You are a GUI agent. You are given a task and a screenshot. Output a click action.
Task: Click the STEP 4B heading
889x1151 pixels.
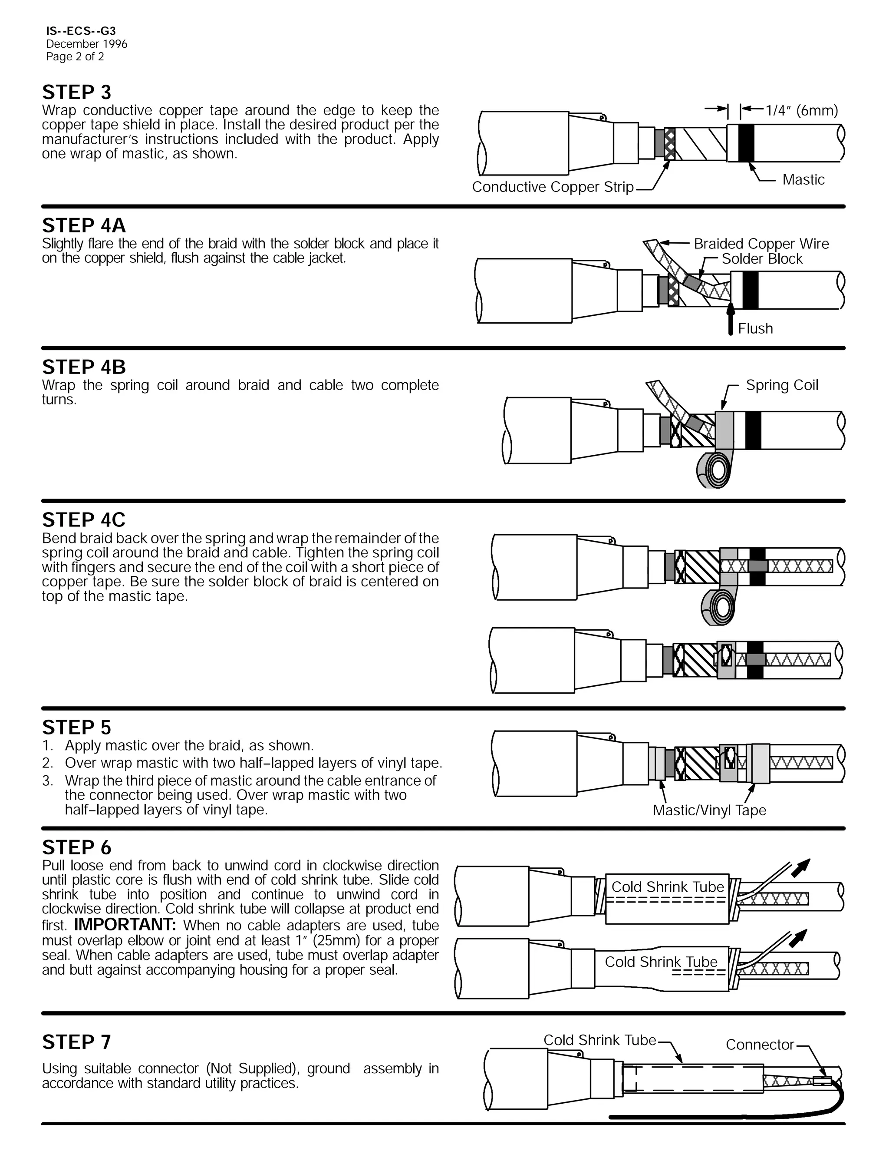pos(84,367)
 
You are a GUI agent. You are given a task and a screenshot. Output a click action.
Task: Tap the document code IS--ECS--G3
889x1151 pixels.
pos(81,31)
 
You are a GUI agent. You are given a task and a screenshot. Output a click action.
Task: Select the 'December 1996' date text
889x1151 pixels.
pos(86,44)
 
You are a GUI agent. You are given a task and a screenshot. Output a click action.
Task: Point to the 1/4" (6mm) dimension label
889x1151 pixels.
pos(801,111)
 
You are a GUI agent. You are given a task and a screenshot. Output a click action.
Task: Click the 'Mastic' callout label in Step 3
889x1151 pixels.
pos(803,180)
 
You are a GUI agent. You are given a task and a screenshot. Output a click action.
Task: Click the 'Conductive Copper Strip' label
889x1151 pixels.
pos(553,187)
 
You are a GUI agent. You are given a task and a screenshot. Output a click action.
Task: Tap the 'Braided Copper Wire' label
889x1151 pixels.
pos(761,244)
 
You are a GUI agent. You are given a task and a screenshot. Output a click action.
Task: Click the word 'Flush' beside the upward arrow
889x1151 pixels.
pos(755,329)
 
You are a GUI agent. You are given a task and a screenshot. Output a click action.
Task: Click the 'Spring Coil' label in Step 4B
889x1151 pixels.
pos(782,385)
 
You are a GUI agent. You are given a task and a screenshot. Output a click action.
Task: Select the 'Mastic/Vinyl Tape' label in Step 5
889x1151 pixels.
pos(709,810)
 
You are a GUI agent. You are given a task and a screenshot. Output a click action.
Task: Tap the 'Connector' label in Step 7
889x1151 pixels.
pos(760,1045)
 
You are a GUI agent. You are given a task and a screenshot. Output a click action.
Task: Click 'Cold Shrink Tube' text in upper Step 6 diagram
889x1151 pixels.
pos(667,887)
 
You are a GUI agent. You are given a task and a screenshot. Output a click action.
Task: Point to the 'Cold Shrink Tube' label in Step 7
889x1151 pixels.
pos(599,1040)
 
